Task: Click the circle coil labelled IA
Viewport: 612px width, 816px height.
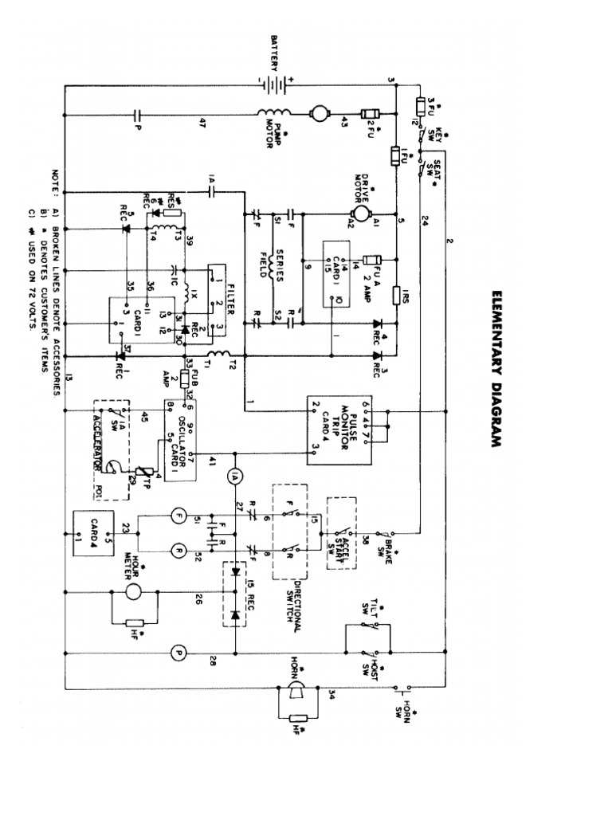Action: pos(234,476)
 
